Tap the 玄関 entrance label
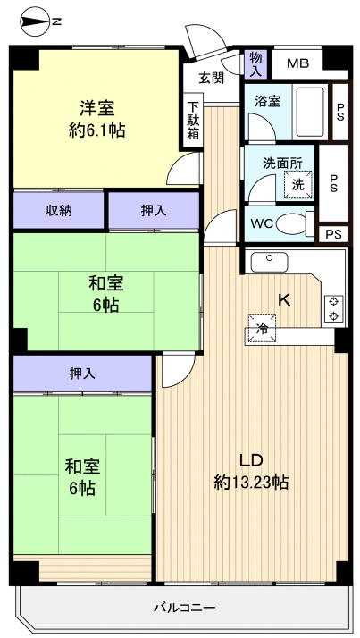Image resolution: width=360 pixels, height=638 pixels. click(211, 78)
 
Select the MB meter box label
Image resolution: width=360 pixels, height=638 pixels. click(297, 63)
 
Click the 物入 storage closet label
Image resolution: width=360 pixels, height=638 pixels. click(255, 63)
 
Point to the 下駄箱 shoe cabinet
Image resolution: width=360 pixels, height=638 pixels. click(194, 119)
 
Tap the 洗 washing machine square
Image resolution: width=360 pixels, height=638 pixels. click(297, 184)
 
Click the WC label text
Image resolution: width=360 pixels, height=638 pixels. click(262, 223)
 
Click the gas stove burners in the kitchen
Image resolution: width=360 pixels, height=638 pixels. click(332, 307)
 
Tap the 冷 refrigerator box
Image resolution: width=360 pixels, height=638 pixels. click(263, 329)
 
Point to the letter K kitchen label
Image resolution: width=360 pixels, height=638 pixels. click(285, 300)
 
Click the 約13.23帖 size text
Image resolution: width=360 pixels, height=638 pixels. click(250, 483)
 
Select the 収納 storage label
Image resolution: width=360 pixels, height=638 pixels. click(59, 211)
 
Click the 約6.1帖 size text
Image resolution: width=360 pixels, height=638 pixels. click(97, 130)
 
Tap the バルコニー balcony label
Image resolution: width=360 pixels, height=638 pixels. click(184, 608)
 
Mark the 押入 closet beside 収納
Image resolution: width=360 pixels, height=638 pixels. click(153, 211)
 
